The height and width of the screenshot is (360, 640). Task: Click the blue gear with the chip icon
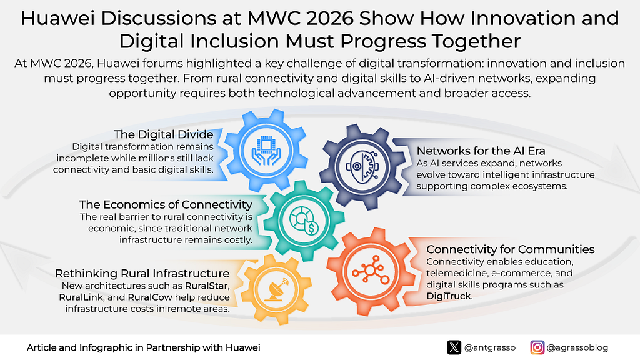coord(266,150)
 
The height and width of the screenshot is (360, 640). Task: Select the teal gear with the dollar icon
coord(304,221)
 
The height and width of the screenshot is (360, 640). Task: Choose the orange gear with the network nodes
coord(371,271)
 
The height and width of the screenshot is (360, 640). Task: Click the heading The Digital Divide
coord(164,134)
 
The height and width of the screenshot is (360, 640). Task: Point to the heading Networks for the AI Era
coord(481,151)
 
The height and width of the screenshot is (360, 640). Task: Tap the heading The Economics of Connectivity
coord(166,204)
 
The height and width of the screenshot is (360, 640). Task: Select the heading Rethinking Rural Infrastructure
coord(142,274)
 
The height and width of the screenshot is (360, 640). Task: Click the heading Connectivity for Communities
coord(510,249)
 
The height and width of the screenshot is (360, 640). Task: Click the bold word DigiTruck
coord(449,296)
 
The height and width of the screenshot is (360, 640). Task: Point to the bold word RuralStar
coord(207,286)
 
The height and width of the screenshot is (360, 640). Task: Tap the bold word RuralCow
coord(150,297)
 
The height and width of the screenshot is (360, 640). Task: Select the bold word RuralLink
coord(81,297)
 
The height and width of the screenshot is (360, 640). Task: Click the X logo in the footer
coord(454,347)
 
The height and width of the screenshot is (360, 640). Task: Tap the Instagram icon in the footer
coord(537,347)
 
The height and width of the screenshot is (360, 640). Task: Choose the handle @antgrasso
coord(490,348)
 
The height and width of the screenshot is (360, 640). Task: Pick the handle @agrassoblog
coord(577,348)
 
